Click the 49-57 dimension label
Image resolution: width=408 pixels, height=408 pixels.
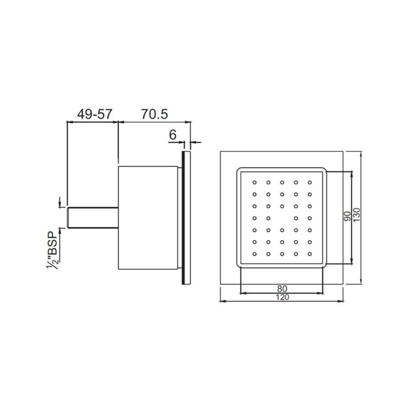point(94,114)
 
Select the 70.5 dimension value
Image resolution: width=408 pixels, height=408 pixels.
point(155,114)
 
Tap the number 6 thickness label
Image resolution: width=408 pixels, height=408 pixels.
point(173,135)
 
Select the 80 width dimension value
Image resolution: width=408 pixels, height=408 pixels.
point(282,289)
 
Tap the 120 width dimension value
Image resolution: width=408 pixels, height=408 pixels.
point(282,297)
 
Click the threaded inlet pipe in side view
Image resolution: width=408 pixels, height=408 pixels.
point(93,217)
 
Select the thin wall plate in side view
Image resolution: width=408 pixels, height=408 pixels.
point(186,218)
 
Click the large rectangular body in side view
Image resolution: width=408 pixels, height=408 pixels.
point(148,218)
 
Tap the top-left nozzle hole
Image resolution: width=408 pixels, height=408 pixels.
point(255,182)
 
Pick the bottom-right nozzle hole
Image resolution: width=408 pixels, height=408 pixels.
point(310,253)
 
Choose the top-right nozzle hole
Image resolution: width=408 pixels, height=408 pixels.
point(310,182)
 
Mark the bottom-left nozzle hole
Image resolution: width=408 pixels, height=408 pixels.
point(255,253)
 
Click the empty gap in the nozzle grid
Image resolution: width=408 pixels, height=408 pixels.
point(282,218)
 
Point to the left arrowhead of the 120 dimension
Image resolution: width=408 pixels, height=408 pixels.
point(222,301)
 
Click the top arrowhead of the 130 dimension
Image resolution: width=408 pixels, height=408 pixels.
point(362,154)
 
